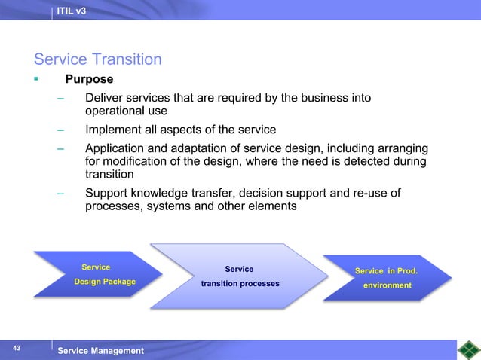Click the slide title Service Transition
point(97,59)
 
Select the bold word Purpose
point(89,79)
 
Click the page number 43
point(16,347)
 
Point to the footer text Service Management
point(100,351)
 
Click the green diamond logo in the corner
point(468,350)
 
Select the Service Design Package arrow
point(98,275)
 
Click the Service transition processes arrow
point(240,276)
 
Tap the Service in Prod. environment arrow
point(386,278)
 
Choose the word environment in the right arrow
point(388,285)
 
